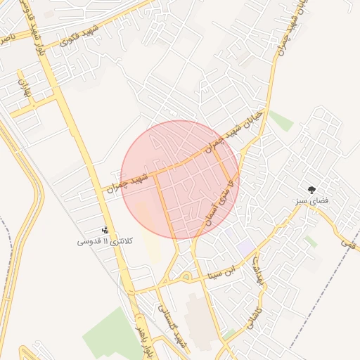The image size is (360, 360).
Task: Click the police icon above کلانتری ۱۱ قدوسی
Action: click(105, 230)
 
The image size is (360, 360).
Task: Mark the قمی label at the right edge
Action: click(348, 242)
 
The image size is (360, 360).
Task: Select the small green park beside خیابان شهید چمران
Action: click(281, 120)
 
